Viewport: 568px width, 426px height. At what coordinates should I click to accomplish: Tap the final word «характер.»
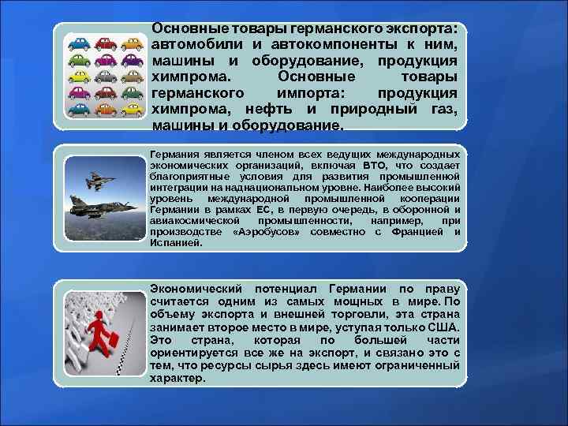177,378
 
